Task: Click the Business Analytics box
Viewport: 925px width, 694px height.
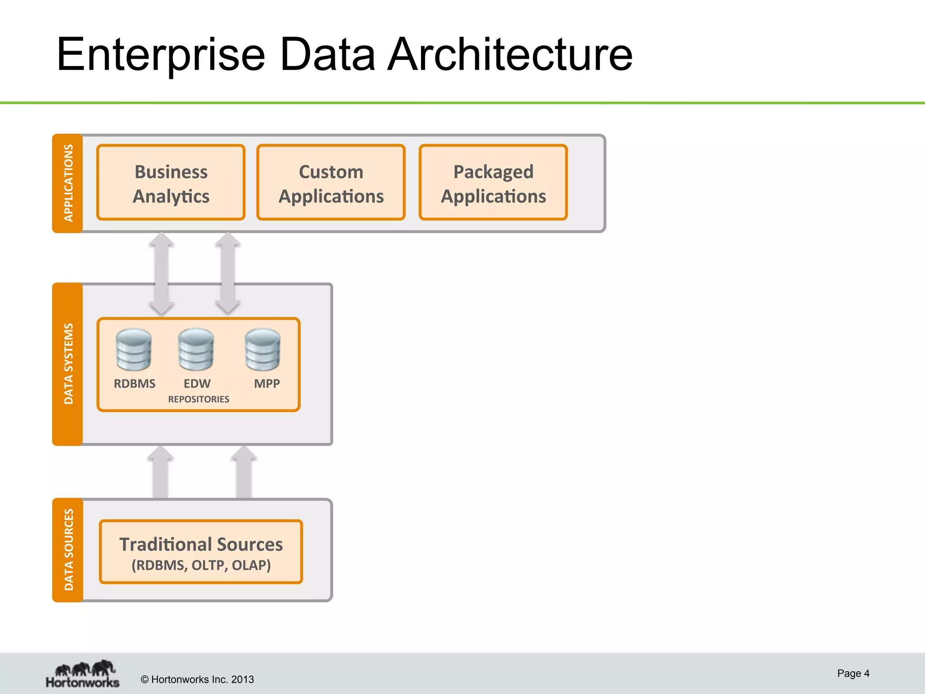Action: pyautogui.click(x=171, y=183)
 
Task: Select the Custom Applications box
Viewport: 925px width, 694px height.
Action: pyautogui.click(x=331, y=183)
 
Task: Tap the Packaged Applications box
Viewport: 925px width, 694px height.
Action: pyautogui.click(x=493, y=183)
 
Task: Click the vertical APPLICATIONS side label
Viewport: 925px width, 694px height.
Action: pyautogui.click(x=68, y=183)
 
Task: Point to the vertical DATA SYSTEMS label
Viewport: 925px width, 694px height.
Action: pyautogui.click(x=68, y=364)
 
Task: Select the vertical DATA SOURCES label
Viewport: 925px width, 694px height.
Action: pyautogui.click(x=68, y=550)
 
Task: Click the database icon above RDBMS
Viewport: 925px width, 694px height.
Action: pyautogui.click(x=134, y=350)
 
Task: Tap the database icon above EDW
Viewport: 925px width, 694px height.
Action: pyautogui.click(x=196, y=350)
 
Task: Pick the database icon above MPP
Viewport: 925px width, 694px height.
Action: pyautogui.click(x=263, y=350)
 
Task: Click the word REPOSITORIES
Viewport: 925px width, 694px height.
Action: pyautogui.click(x=199, y=399)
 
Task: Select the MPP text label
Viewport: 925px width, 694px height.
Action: pyautogui.click(x=266, y=384)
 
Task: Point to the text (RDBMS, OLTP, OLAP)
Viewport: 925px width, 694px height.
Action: pyautogui.click(x=201, y=566)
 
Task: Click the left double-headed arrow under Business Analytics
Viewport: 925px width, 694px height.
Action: pyautogui.click(x=161, y=273)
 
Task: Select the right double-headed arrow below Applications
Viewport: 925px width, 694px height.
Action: pyautogui.click(x=228, y=273)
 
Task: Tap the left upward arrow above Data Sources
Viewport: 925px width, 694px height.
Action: pyautogui.click(x=160, y=472)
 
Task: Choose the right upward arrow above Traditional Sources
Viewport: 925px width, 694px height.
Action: pyautogui.click(x=243, y=472)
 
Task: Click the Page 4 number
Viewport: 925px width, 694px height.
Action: pyautogui.click(x=853, y=673)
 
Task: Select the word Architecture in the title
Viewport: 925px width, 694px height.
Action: pyautogui.click(x=510, y=55)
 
